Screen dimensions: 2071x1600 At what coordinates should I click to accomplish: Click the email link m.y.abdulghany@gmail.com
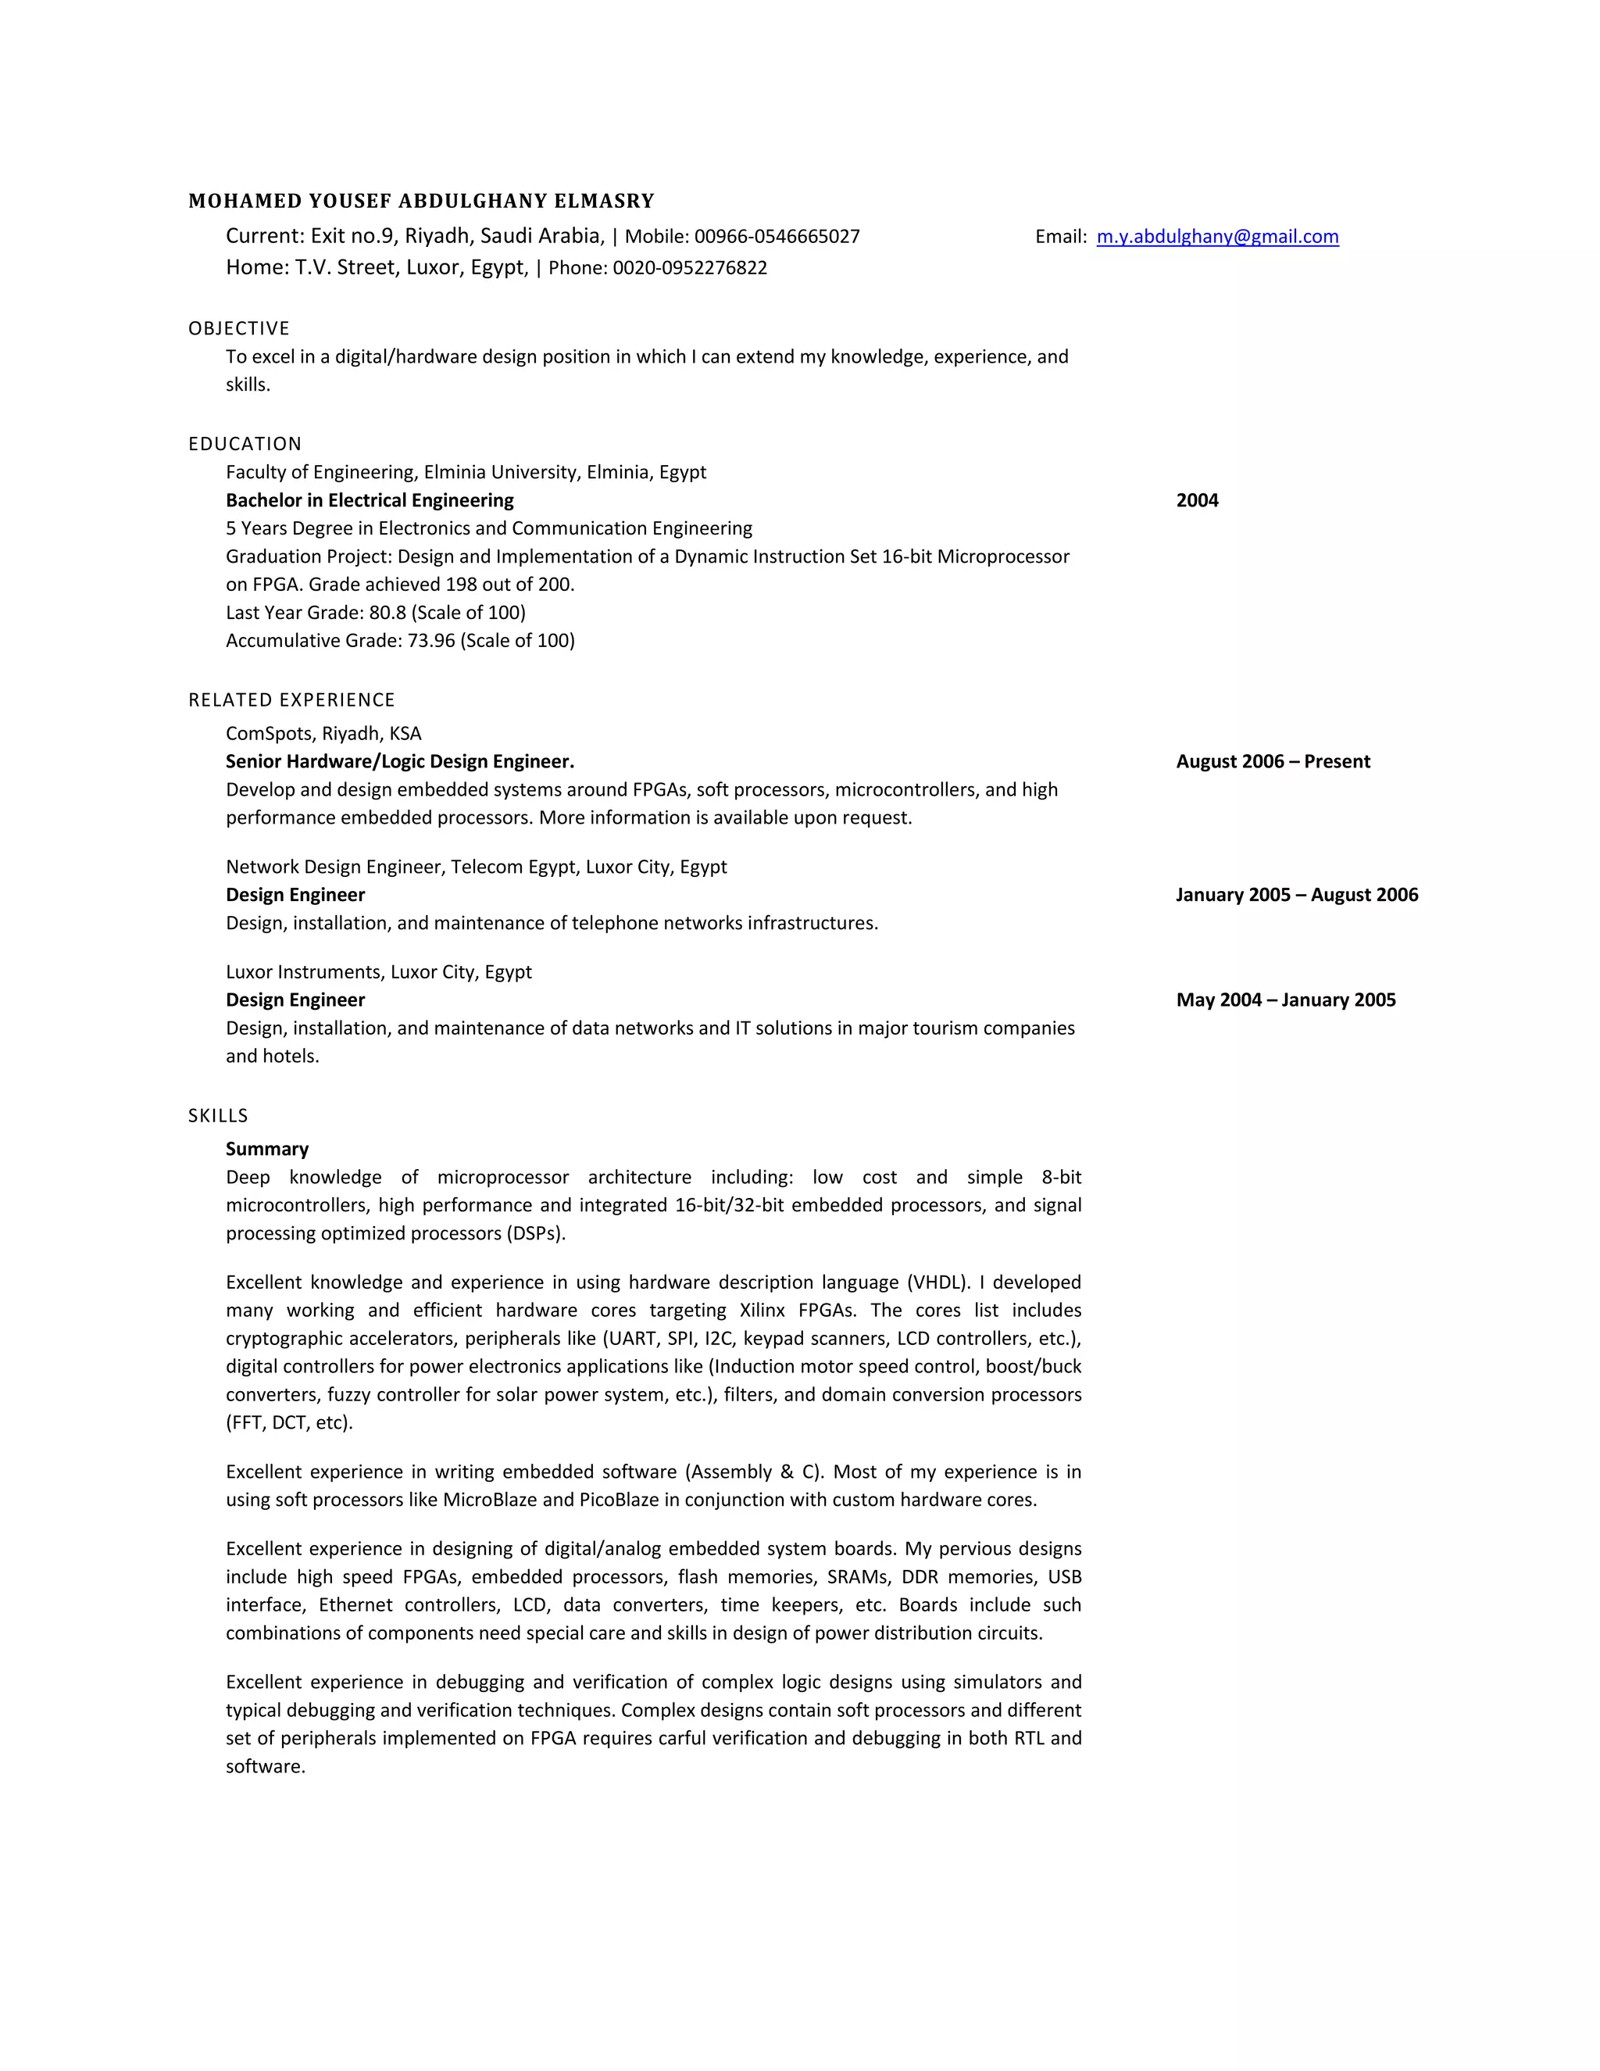[1217, 237]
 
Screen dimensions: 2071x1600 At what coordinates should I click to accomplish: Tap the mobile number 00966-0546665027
[777, 237]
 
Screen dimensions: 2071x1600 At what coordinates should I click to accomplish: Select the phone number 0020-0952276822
[689, 268]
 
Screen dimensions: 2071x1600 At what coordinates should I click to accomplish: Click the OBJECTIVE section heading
[239, 329]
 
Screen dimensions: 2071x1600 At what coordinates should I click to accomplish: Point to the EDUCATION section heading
[245, 444]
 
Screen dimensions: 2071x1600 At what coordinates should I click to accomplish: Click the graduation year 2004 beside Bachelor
[1197, 501]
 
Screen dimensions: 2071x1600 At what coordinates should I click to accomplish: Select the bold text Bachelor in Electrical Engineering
[370, 501]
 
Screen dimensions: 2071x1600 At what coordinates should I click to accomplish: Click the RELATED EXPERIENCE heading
[291, 699]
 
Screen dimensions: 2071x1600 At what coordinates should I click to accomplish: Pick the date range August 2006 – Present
[1273, 761]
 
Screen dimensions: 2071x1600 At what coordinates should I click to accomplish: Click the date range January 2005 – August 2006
[1297, 895]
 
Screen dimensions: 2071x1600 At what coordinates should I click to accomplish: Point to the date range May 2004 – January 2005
[1285, 1000]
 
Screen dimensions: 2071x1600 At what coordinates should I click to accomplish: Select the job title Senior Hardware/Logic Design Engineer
[400, 761]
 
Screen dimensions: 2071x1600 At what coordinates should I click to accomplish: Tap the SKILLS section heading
[218, 1116]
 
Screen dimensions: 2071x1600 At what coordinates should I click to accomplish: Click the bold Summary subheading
[267, 1150]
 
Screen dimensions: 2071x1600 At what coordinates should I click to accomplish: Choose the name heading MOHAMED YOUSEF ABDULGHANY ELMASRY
[421, 201]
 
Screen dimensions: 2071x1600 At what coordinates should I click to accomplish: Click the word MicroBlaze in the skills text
[490, 1500]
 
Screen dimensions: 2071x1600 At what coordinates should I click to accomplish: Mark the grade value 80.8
[387, 613]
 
